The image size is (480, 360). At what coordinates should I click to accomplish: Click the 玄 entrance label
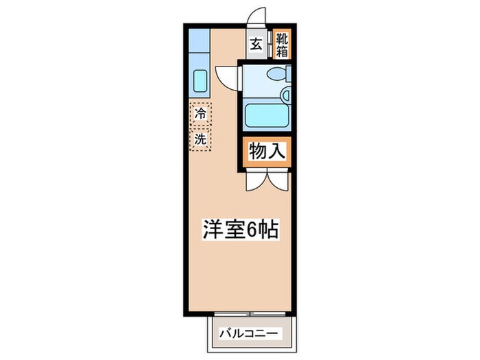click(255, 45)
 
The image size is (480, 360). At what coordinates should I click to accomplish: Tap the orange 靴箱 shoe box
click(281, 45)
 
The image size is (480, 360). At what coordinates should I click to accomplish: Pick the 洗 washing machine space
click(200, 139)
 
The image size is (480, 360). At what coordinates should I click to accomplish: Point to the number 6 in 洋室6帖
click(253, 229)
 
